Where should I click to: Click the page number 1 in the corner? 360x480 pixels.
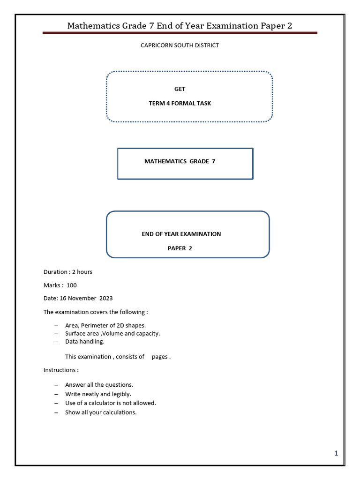coord(336,453)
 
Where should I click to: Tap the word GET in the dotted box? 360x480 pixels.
coord(180,89)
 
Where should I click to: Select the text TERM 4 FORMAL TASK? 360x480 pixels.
coord(180,103)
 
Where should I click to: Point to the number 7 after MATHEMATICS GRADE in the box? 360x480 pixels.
coord(213,161)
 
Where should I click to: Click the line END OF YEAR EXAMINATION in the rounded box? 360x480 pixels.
coord(181,234)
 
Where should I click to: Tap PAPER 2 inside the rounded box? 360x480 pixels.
coord(180,248)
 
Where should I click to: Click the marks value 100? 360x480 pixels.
coord(72,285)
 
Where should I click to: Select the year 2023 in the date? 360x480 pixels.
coord(105,298)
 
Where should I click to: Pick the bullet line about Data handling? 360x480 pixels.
coord(85,342)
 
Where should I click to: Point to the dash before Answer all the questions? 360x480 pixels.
coord(56,385)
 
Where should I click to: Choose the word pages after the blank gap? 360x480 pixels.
coord(160,357)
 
